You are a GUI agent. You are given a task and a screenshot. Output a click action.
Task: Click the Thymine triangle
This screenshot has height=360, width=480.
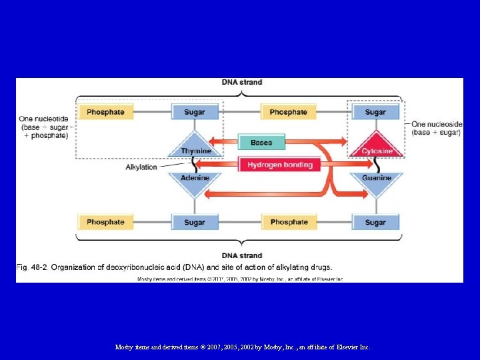pyautogui.click(x=195, y=146)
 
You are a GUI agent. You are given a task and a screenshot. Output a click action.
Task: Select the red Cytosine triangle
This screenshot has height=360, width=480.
pyautogui.click(x=375, y=146)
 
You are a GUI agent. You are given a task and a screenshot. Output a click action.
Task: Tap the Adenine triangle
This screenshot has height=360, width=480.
pyautogui.click(x=195, y=182)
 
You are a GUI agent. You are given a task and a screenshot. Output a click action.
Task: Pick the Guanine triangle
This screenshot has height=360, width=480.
pyautogui.click(x=375, y=182)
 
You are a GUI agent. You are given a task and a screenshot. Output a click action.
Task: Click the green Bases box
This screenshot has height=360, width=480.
pyautogui.click(x=261, y=143)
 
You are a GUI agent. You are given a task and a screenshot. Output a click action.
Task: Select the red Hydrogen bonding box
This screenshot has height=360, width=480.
pyautogui.click(x=279, y=165)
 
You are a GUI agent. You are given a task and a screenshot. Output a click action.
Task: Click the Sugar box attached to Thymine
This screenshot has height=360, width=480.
pyautogui.click(x=195, y=112)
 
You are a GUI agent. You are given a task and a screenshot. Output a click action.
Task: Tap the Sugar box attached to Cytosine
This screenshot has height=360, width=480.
pyautogui.click(x=375, y=112)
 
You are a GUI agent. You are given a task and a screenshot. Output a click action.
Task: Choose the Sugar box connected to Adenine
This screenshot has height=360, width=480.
pyautogui.click(x=195, y=222)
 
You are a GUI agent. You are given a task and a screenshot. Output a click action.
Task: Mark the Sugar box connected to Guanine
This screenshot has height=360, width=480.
pyautogui.click(x=375, y=222)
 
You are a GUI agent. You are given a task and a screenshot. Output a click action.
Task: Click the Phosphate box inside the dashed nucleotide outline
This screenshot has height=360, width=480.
pyautogui.click(x=105, y=112)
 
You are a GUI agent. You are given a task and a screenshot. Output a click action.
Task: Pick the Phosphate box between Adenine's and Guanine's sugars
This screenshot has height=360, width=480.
pyautogui.click(x=289, y=222)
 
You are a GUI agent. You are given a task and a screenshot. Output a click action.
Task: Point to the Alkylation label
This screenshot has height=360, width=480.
pyautogui.click(x=141, y=167)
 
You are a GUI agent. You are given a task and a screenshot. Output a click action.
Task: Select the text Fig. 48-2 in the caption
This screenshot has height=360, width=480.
pyautogui.click(x=31, y=268)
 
